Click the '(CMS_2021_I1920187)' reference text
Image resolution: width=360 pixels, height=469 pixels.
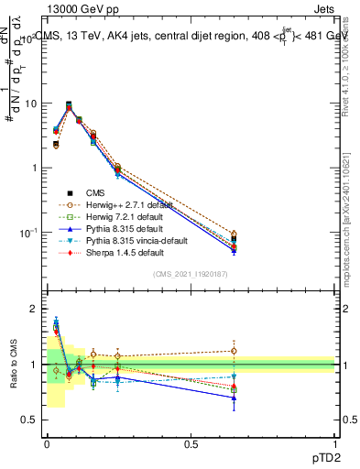pos(190,274)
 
